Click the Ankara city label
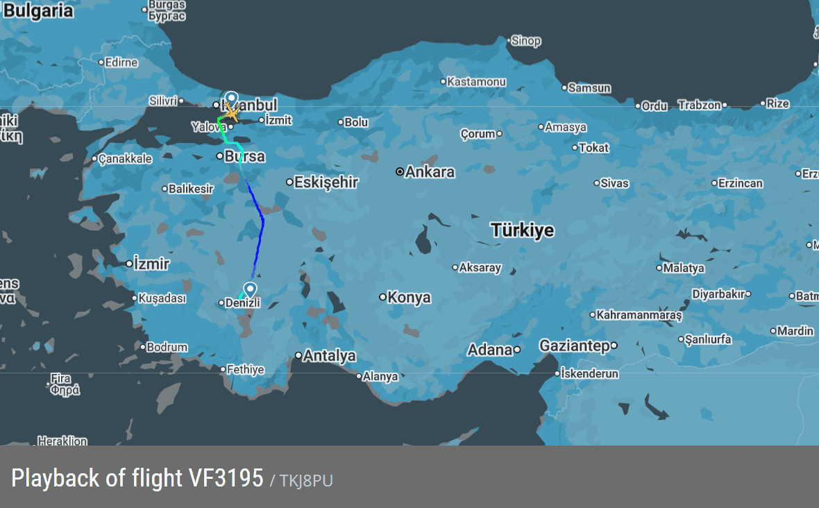[430, 171]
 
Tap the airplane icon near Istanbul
[232, 112]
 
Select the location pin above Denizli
[250, 289]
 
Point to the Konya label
[409, 297]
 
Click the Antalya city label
[330, 355]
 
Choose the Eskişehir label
[326, 182]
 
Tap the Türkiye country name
[523, 230]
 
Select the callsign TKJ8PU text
[306, 480]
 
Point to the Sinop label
[525, 41]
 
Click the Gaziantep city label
[574, 346]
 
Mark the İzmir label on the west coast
[151, 264]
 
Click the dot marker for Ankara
[400, 171]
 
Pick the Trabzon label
[699, 105]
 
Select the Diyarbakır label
[718, 294]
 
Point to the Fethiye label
[246, 369]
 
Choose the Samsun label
[589, 88]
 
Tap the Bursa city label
[244, 156]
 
